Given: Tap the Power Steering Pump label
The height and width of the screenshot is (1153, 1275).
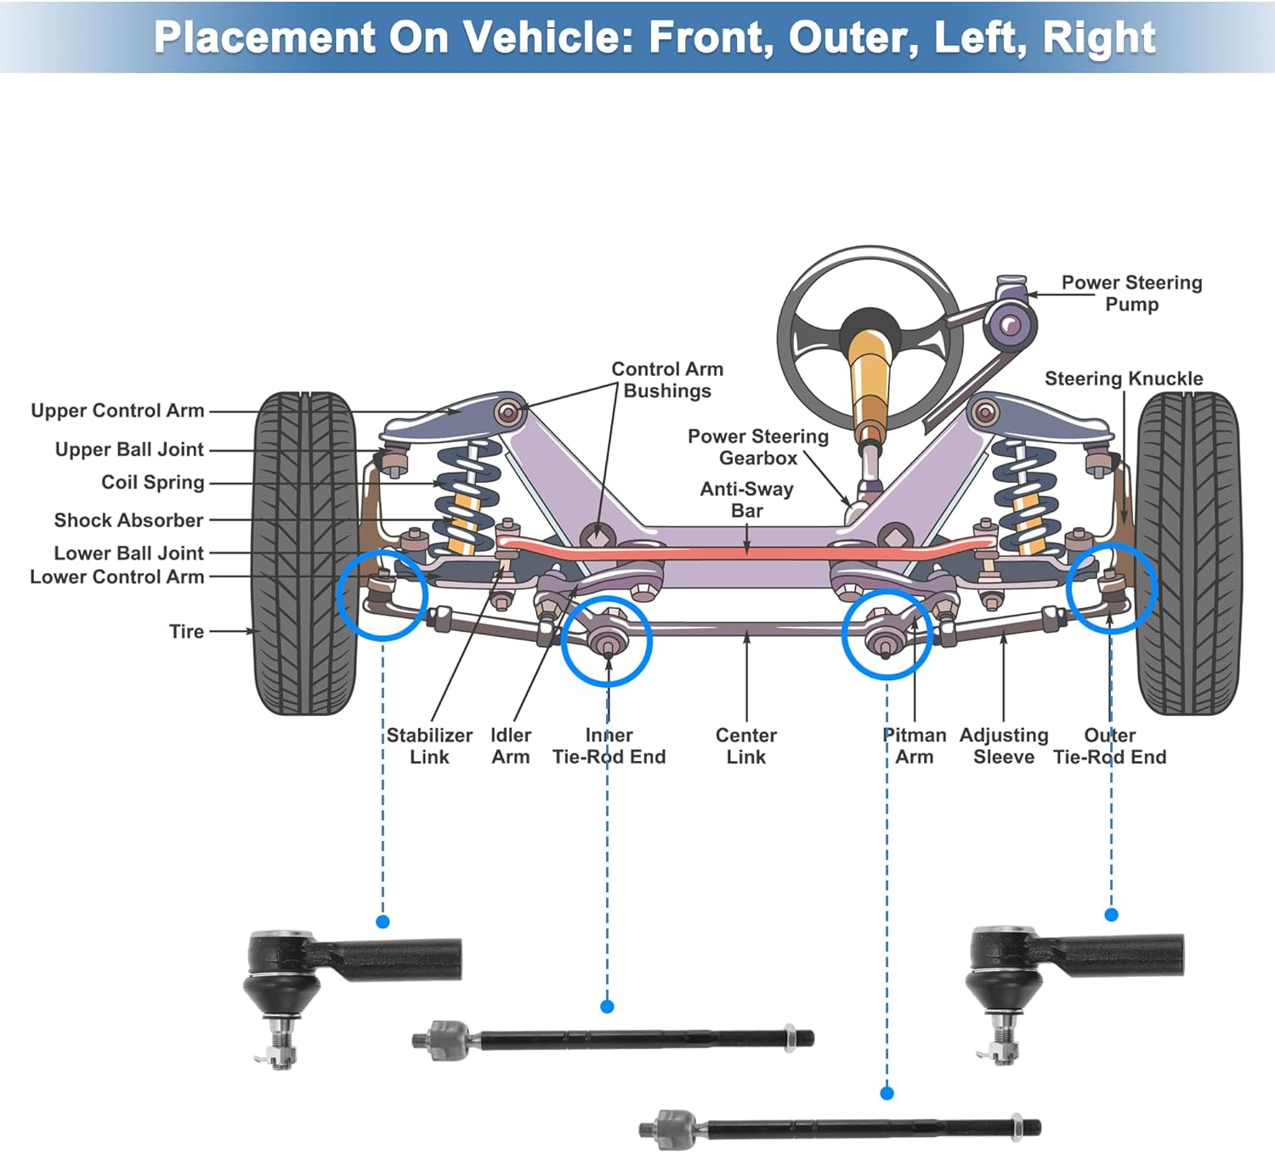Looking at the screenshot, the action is click(1131, 293).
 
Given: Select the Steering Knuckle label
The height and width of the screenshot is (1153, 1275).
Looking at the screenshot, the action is click(1124, 378).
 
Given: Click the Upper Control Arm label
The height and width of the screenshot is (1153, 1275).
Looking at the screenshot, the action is click(117, 411).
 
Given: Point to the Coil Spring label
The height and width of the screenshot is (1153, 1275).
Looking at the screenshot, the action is click(152, 482).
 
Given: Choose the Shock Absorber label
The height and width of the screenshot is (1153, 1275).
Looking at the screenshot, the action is click(128, 520).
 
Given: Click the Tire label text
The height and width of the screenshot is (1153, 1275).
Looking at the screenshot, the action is click(186, 632).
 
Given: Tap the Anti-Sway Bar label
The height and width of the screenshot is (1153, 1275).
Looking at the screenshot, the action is click(747, 500).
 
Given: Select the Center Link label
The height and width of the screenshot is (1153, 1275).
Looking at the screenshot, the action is click(746, 746).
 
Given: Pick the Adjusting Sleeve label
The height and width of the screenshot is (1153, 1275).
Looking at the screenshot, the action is click(1004, 746).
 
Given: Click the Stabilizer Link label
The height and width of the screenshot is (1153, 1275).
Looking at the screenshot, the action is click(429, 746).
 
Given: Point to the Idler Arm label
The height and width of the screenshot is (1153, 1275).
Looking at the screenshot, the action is click(510, 746).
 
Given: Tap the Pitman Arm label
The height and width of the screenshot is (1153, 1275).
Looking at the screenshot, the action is click(914, 746).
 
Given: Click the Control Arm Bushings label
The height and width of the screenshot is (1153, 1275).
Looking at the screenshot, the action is click(667, 380).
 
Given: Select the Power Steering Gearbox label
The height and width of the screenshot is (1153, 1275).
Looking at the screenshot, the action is click(758, 447).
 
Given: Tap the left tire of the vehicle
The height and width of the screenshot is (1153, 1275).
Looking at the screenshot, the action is click(305, 554).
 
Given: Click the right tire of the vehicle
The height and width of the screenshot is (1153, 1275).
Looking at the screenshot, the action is click(1187, 554).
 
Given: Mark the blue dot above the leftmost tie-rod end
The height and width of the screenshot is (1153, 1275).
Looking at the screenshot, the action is click(382, 922).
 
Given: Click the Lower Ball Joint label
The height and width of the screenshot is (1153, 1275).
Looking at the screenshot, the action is click(128, 554).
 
